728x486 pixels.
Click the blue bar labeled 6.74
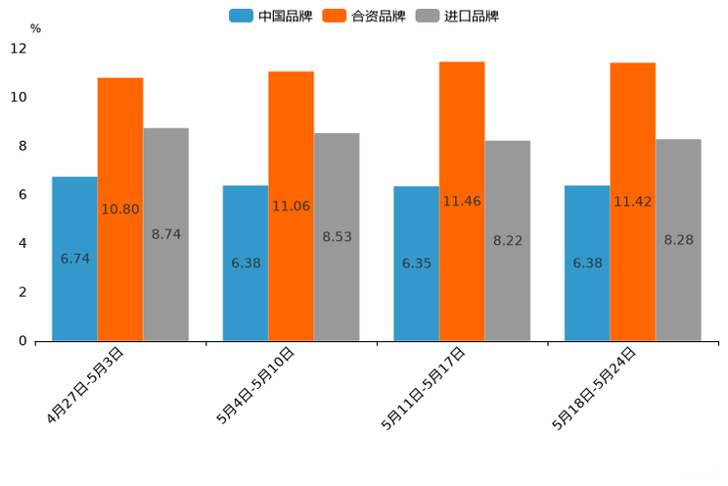coord(74,259)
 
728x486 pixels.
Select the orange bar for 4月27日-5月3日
coord(120,209)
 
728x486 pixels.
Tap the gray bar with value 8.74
coord(165,234)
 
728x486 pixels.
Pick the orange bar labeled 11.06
coord(291,206)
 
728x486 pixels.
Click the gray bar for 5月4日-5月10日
coord(337,236)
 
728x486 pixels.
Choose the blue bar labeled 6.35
coord(416,264)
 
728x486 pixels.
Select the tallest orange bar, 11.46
coord(462,201)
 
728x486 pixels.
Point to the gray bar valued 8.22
coord(507,240)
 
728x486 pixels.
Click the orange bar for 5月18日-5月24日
coord(632,202)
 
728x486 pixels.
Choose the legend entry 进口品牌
coord(458,16)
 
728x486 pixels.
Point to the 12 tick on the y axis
coord(19,49)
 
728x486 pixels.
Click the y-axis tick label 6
coord(23,195)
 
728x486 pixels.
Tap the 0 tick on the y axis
coord(23,341)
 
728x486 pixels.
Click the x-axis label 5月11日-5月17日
coord(423,388)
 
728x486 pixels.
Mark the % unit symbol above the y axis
coord(35,28)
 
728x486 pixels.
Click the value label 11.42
coord(632,202)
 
